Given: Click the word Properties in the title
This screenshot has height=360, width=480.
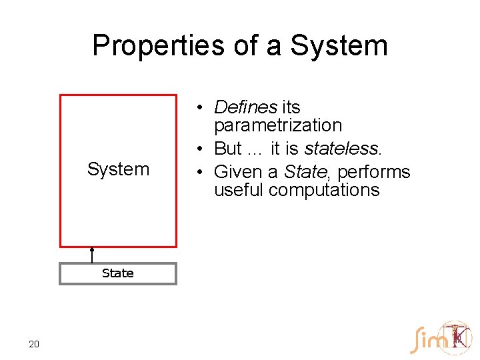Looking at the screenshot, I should [150, 46].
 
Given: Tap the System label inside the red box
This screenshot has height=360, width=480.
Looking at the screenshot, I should [118, 169].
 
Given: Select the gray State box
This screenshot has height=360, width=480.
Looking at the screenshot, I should [118, 273].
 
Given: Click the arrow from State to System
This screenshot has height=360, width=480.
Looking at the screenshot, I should [92, 255].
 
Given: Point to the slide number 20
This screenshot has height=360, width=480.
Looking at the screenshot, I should [34, 344].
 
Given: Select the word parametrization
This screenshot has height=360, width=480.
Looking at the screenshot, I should [277, 125].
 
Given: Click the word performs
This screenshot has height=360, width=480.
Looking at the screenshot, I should [373, 172].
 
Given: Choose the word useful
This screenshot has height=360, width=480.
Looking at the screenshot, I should [239, 190].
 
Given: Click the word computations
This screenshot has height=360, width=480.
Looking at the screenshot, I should [325, 190].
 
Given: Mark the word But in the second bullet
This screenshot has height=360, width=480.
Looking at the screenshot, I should [228, 148].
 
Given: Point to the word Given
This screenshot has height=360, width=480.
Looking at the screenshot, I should [238, 172].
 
